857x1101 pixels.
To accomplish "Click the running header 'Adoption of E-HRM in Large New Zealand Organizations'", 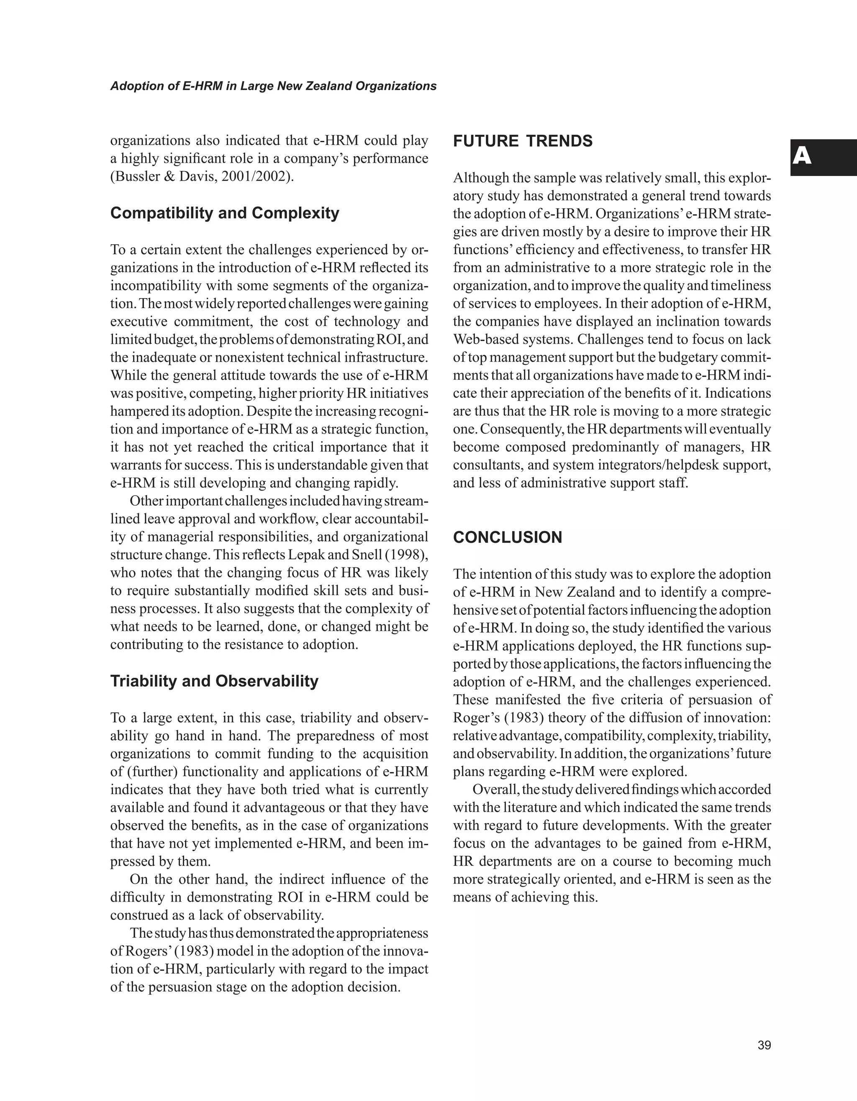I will (x=273, y=86).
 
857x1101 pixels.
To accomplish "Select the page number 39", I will (x=764, y=1045).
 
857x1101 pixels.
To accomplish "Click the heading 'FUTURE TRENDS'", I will (x=523, y=141).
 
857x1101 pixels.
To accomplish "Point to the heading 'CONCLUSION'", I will (x=508, y=537).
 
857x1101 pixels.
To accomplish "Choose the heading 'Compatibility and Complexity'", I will (x=224, y=213).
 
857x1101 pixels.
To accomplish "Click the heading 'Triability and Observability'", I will (x=214, y=681).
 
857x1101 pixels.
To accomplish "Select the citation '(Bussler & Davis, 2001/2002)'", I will (x=202, y=177).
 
